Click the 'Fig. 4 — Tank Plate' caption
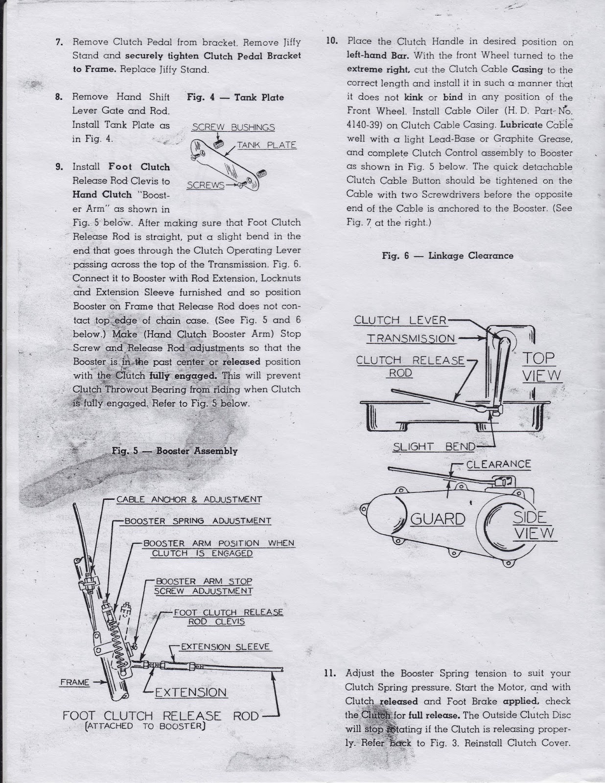tap(235, 97)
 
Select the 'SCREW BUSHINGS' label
tap(233, 128)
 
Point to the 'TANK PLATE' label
tap(267, 145)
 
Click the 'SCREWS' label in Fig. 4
tap(206, 185)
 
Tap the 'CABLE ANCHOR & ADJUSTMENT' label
tap(189, 500)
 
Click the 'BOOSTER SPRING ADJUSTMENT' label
tap(198, 521)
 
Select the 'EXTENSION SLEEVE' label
tap(225, 647)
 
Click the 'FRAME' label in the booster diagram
tap(75, 682)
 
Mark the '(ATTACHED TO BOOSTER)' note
tap(144, 726)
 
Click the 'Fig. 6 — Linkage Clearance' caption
tap(447, 255)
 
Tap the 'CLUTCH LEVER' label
tap(400, 321)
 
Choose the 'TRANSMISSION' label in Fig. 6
tap(411, 339)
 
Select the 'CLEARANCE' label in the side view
tap(498, 464)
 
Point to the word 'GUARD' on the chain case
tap(437, 519)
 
